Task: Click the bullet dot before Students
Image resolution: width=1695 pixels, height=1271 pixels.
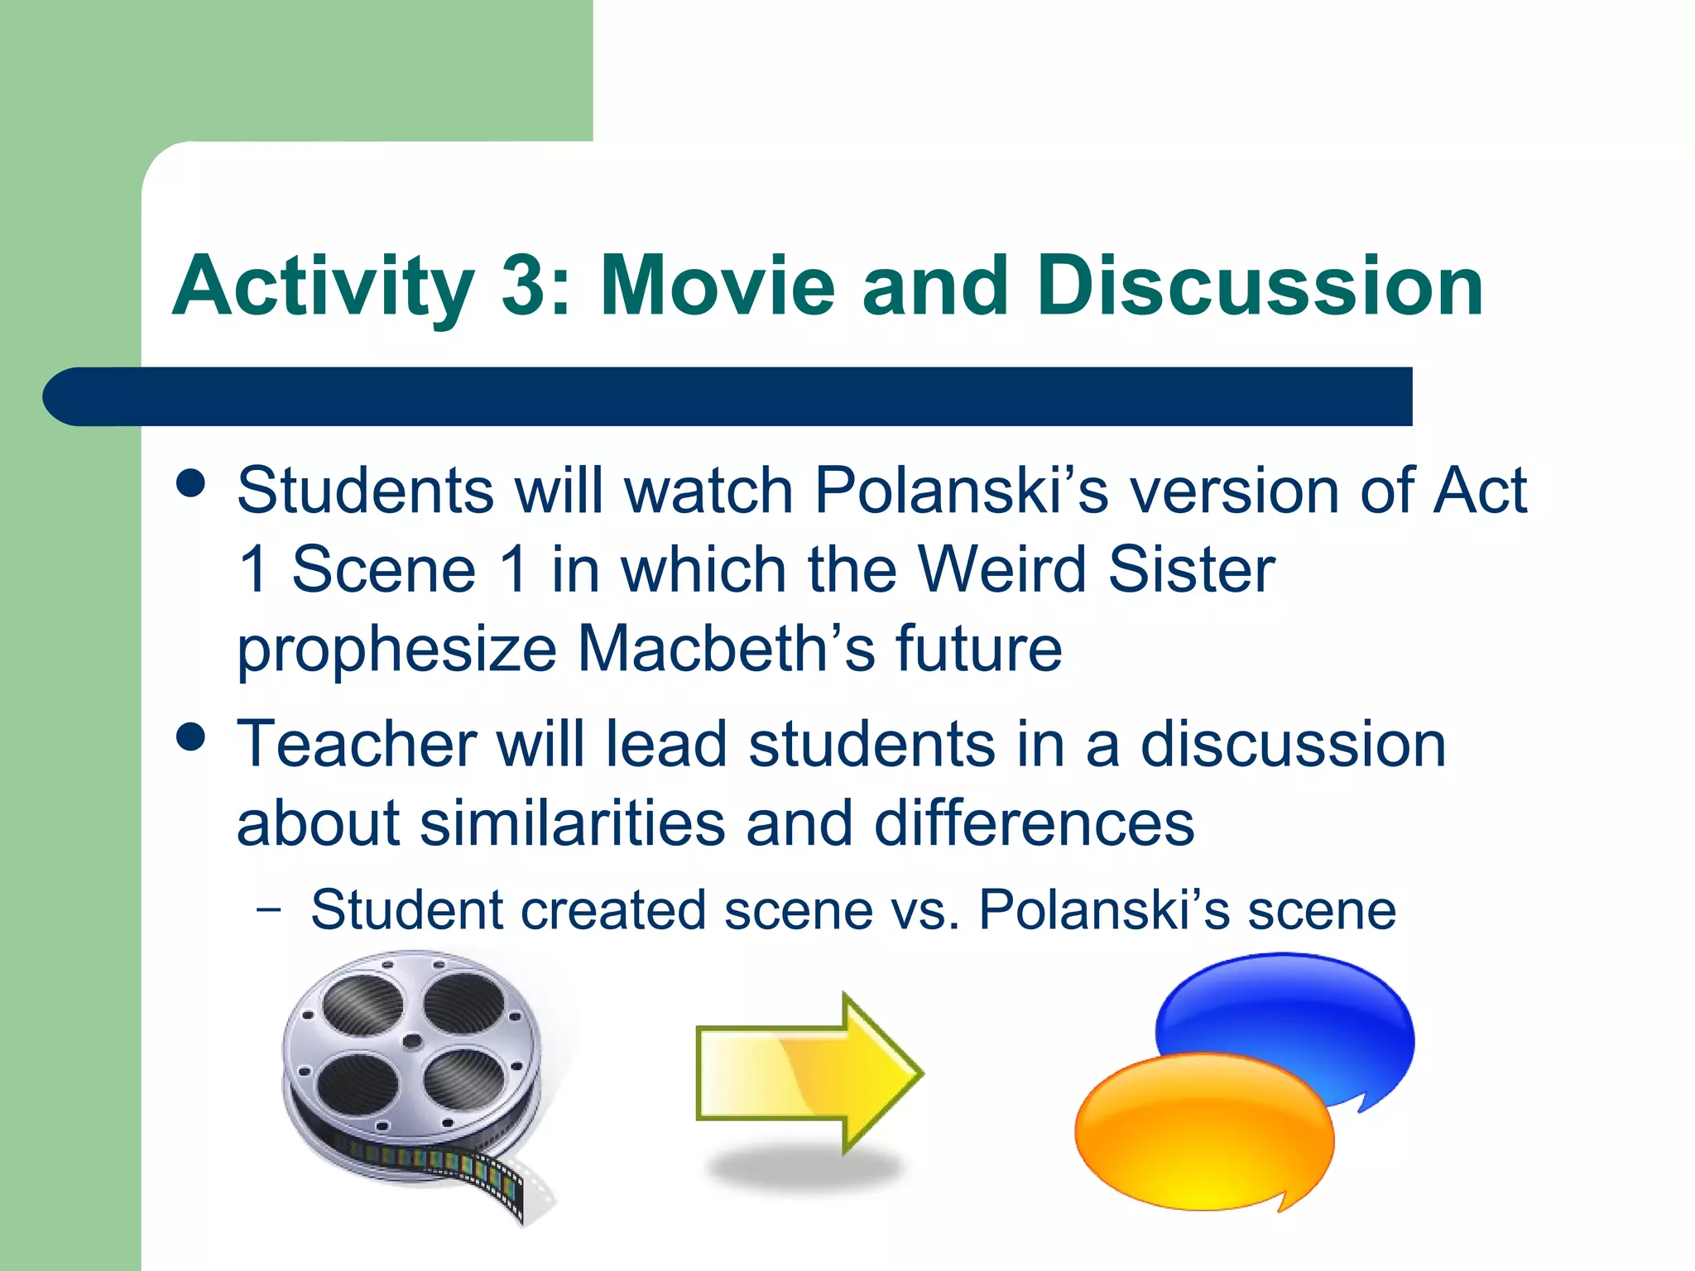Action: [191, 483]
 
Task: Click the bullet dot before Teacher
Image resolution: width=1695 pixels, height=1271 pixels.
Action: [191, 736]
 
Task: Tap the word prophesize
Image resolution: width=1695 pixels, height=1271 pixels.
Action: [396, 650]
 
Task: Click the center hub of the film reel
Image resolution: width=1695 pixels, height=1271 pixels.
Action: [411, 1043]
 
